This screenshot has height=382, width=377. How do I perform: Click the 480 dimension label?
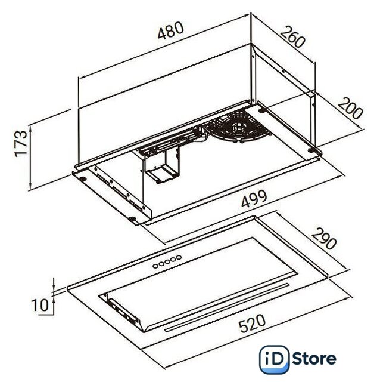click(170, 30)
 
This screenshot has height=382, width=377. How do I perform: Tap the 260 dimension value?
click(292, 37)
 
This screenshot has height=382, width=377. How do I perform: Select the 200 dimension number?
click(350, 108)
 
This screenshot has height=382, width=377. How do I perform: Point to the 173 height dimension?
click(21, 144)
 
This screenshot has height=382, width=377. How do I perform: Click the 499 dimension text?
click(254, 199)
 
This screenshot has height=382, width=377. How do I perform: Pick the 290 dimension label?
click(324, 239)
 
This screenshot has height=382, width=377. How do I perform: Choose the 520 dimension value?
click(252, 324)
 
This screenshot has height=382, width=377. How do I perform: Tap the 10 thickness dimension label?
click(40, 305)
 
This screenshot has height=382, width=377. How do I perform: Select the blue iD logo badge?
click(274, 359)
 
